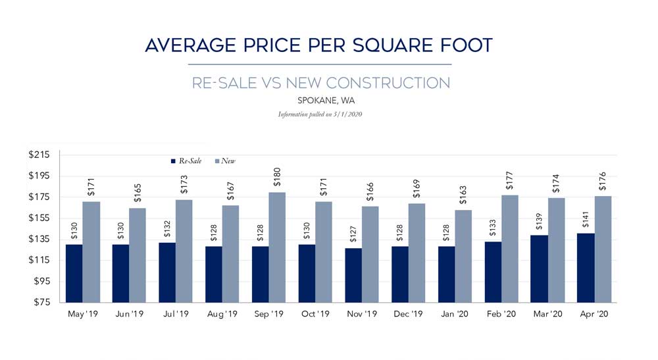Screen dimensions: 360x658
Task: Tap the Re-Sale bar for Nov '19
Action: [353, 275]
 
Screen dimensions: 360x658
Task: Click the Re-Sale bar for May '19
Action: [74, 273]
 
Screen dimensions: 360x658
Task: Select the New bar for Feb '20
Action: [510, 249]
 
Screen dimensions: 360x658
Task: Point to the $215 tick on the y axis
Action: [40, 155]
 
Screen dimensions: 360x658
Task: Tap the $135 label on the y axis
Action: [40, 240]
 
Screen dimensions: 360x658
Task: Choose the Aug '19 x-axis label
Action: [222, 315]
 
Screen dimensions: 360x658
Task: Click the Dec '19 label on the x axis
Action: [408, 315]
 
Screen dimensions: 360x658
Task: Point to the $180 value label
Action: [278, 178]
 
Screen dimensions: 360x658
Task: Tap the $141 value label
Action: [586, 220]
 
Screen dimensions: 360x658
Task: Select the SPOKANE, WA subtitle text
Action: [321, 101]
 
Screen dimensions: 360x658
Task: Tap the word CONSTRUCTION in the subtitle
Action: [388, 83]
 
